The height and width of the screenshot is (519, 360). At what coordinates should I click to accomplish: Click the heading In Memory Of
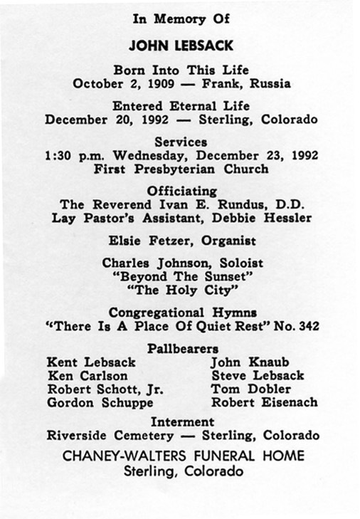click(181, 20)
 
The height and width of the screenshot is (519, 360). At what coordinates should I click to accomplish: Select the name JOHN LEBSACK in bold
click(181, 46)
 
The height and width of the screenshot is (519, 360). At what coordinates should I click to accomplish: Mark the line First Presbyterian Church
click(181, 169)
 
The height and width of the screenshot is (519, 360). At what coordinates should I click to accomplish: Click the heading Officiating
click(181, 191)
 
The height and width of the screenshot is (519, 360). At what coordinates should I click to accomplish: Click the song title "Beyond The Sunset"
click(181, 276)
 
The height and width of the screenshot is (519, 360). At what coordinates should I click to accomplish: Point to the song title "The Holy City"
click(181, 290)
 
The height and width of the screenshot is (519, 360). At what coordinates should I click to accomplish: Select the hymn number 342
click(305, 326)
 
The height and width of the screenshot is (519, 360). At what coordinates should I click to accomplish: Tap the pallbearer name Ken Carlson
click(88, 376)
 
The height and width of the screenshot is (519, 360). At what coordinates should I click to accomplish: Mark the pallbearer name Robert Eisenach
click(264, 403)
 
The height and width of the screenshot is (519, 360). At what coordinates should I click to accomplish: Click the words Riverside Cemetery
click(112, 435)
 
